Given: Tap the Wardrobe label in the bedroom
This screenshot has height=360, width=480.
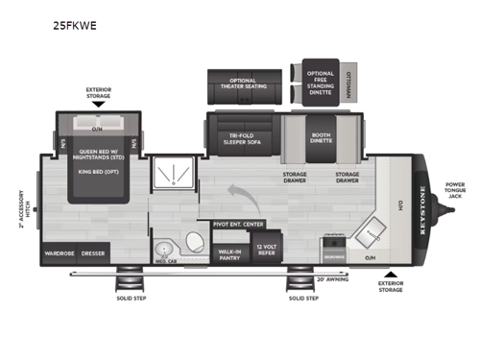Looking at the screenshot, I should coord(60,254).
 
